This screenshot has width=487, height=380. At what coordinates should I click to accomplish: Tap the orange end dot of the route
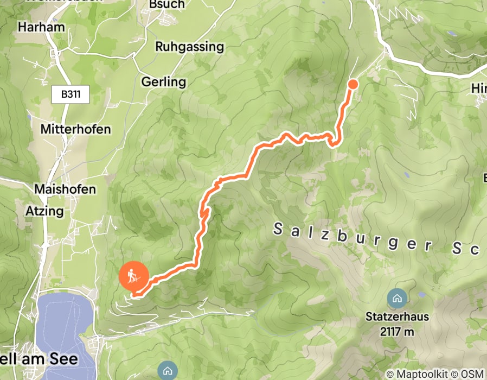pyautogui.click(x=353, y=84)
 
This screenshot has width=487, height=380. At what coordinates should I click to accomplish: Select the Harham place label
pyautogui.click(x=41, y=27)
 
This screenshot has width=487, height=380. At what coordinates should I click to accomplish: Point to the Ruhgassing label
pyautogui.click(x=189, y=47)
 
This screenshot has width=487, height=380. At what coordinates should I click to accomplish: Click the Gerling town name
pyautogui.click(x=164, y=83)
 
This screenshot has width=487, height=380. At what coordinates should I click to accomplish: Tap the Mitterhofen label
pyautogui.click(x=76, y=130)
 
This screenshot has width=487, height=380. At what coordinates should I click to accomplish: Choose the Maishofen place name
pyautogui.click(x=65, y=189)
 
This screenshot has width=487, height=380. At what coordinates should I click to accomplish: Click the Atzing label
pyautogui.click(x=44, y=211)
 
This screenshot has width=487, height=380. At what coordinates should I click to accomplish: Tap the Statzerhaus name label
pyautogui.click(x=398, y=316)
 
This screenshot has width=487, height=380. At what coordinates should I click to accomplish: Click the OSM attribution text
pyautogui.click(x=471, y=374)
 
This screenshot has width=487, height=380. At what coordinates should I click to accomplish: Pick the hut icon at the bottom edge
pyautogui.click(x=167, y=371)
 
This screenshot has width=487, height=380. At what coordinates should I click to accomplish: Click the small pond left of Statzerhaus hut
pyautogui.click(x=422, y=295)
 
